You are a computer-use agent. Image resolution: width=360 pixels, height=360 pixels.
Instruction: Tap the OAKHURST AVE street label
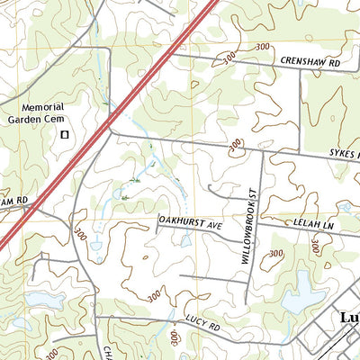189,217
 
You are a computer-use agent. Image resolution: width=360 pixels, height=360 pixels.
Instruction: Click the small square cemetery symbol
64,134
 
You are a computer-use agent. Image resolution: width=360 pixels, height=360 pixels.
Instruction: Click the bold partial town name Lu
349,319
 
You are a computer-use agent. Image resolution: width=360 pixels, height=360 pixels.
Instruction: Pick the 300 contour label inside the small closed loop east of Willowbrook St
274,255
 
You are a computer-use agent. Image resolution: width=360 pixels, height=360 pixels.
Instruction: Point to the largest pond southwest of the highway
39,299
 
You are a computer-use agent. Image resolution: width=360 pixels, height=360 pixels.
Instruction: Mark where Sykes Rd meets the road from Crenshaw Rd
299,149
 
